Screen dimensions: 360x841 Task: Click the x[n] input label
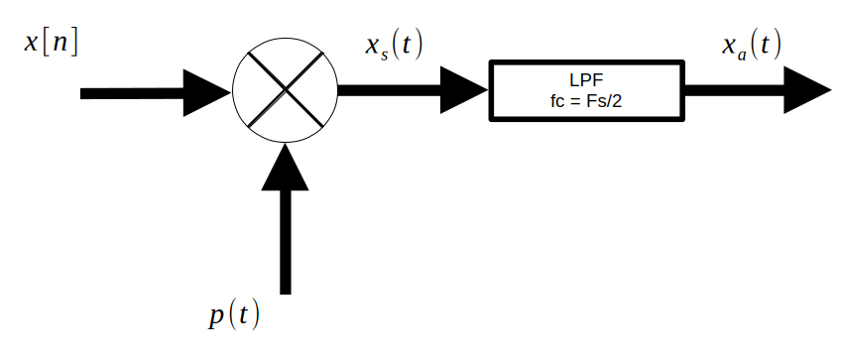(52, 45)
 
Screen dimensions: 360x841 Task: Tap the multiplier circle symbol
(286, 90)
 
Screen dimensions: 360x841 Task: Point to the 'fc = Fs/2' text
(587, 102)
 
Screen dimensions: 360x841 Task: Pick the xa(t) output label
(751, 44)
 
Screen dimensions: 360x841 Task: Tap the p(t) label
(235, 314)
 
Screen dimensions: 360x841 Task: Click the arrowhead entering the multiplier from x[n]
(208, 92)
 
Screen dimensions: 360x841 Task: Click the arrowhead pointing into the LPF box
(464, 90)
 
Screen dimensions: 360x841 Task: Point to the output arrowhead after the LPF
(805, 90)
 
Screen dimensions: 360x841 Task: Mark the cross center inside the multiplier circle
(286, 90)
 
